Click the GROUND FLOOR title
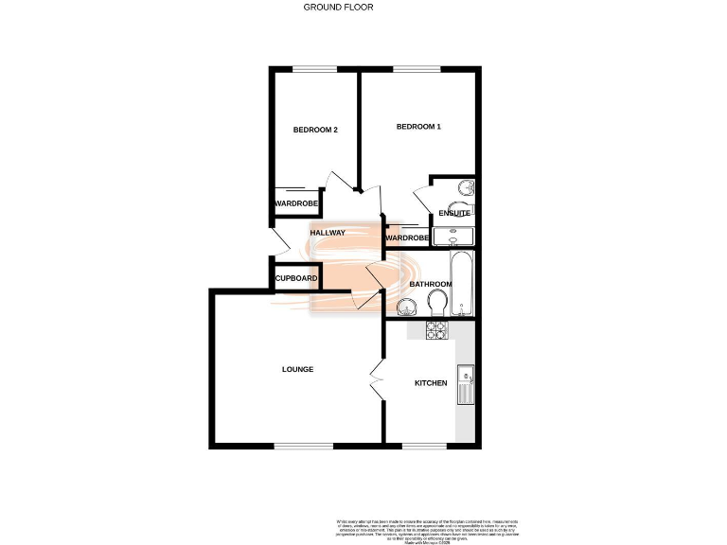point(338,7)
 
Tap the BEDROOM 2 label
point(315,130)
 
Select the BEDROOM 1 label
point(418,127)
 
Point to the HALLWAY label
point(328,233)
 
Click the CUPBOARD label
point(296,278)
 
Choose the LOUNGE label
point(297,369)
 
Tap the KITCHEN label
point(431,383)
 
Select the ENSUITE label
point(454,214)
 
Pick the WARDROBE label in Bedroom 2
point(295,203)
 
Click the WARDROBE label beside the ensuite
point(407,237)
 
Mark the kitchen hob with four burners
point(436,330)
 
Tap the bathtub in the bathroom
point(460,283)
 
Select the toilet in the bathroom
point(437,303)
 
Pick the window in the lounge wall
point(302,446)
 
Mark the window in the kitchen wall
point(423,446)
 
